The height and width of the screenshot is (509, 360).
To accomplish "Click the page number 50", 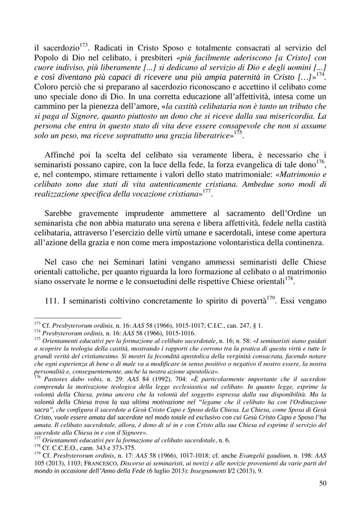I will coord(322,483).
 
